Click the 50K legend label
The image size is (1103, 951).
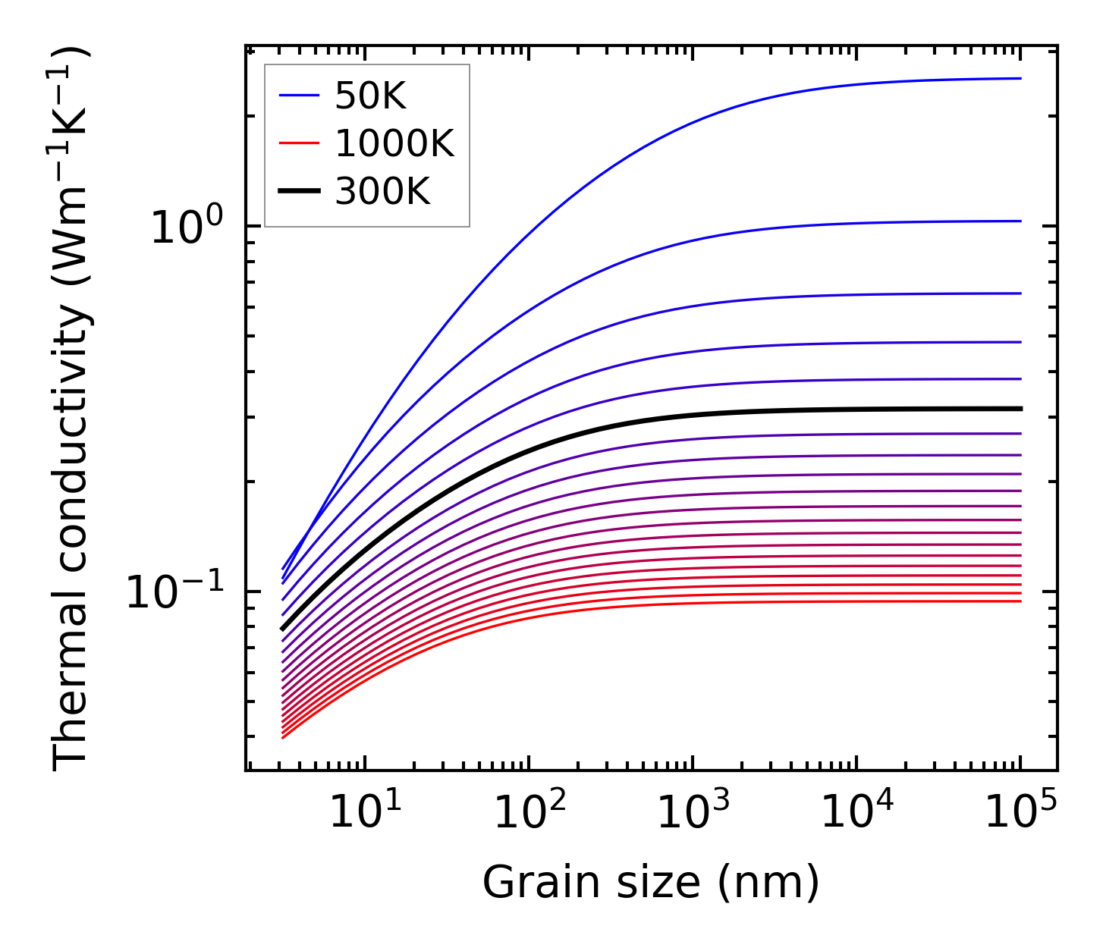pos(370,96)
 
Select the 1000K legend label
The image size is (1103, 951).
pos(394,144)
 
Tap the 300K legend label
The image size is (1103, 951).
pos(382,192)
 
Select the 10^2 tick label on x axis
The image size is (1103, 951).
pos(529,814)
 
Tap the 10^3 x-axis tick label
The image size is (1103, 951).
pos(693,814)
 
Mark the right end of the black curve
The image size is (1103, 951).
pos(1020,409)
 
